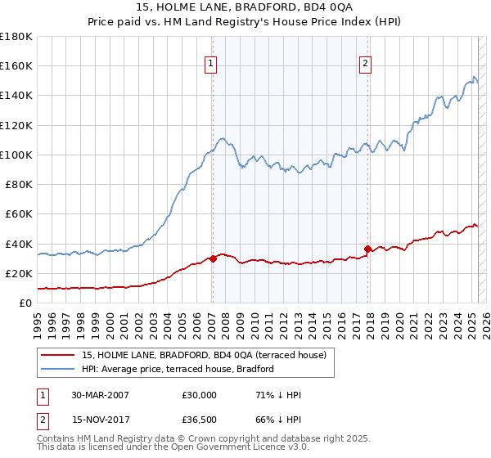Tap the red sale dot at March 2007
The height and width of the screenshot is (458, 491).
(x=213, y=258)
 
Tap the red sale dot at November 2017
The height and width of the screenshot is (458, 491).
(x=367, y=249)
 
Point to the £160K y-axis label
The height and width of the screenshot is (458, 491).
(x=17, y=65)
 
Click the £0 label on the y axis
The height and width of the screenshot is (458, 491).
(x=25, y=303)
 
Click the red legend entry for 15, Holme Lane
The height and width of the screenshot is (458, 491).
(x=205, y=355)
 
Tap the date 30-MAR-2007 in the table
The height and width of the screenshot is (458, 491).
(x=100, y=395)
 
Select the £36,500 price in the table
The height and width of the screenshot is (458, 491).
(x=200, y=420)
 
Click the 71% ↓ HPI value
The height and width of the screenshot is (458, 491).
(x=278, y=395)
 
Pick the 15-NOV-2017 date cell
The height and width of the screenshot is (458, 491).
(x=100, y=420)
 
